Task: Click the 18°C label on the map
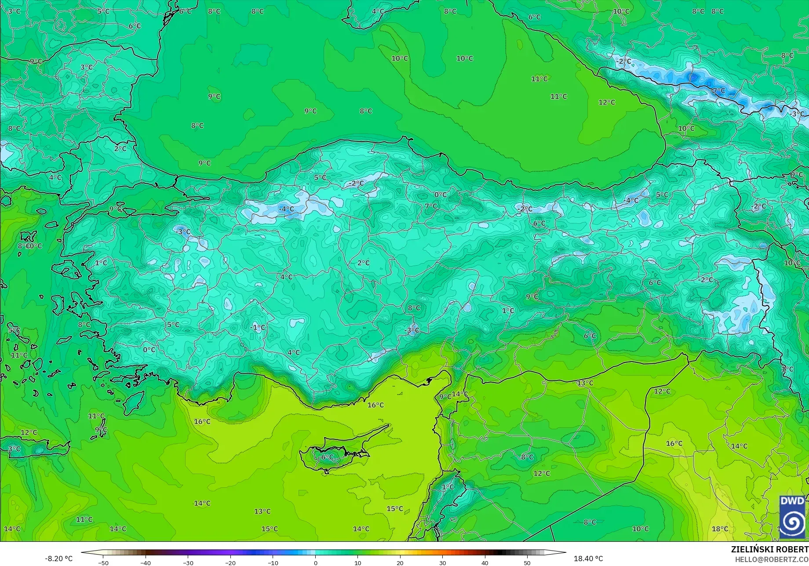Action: pos(720,529)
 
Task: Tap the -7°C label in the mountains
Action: pos(718,91)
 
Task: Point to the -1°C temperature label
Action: pos(258,328)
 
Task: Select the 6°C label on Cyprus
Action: pos(327,457)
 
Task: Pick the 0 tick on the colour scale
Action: pos(315,562)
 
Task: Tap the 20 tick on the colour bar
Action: pos(400,562)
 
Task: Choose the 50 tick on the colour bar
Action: pos(527,562)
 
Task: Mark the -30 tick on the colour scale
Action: pos(188,562)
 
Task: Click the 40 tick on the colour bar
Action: pos(485,562)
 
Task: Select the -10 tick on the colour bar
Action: pos(273,562)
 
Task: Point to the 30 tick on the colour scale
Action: pos(442,562)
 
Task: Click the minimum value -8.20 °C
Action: pos(58,559)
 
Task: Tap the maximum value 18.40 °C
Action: pos(588,559)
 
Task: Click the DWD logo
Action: pos(792,517)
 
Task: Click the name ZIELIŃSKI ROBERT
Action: pos(769,549)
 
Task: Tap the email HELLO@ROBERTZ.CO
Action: pos(772,559)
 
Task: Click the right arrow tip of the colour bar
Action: pos(565,553)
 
